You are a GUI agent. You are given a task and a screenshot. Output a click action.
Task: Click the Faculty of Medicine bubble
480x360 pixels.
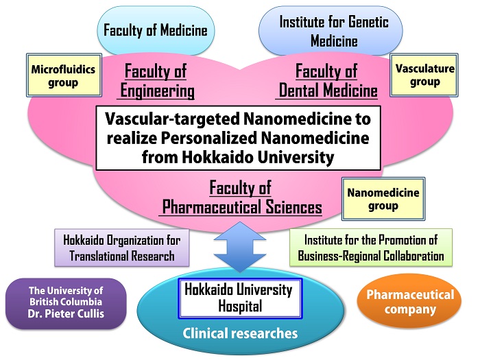click(156, 30)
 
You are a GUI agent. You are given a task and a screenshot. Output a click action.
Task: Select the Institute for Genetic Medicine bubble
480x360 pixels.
click(331, 31)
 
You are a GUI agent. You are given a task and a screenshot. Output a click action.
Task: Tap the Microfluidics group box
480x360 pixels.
click(64, 75)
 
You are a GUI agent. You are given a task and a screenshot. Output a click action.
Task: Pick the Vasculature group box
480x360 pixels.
click(424, 75)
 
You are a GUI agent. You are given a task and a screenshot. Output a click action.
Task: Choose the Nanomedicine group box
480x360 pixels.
click(383, 199)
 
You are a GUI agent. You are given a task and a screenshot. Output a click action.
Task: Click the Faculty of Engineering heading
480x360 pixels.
click(156, 81)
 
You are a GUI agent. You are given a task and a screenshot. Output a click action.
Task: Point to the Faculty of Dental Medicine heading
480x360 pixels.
click(327, 81)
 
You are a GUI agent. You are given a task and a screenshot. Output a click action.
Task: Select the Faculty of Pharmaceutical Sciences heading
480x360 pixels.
click(241, 197)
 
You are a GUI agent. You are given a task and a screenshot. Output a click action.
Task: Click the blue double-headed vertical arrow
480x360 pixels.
click(240, 247)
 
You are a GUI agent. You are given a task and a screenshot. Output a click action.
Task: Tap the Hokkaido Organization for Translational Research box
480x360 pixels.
click(122, 248)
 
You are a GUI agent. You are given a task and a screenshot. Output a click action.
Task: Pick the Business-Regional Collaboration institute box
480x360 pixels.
click(371, 248)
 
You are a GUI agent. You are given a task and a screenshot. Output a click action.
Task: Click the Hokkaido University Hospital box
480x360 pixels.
click(240, 298)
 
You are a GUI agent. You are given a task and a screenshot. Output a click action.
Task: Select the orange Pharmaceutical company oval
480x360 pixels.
click(409, 302)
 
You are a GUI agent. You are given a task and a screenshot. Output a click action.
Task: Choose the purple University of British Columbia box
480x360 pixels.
click(66, 303)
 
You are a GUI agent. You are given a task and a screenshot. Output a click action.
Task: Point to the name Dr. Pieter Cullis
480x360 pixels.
click(66, 314)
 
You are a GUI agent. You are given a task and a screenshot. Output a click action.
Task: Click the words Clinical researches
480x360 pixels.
click(240, 333)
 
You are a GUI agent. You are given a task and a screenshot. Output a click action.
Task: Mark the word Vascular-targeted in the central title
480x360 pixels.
click(173, 119)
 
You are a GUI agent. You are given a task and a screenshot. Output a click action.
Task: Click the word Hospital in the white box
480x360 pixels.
click(240, 306)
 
